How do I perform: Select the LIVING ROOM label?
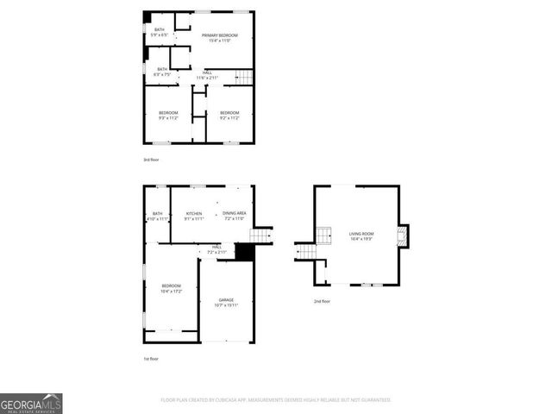tap(361, 234)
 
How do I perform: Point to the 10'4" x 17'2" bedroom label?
tap(171, 288)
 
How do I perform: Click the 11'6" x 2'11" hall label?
tap(208, 75)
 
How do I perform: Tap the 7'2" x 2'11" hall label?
tap(216, 249)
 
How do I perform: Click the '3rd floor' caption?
tap(152, 160)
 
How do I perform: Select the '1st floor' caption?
tap(152, 358)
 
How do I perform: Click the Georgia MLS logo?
tap(31, 404)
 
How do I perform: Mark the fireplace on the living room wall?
tap(404, 235)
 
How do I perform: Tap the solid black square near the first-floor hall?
tap(244, 251)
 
